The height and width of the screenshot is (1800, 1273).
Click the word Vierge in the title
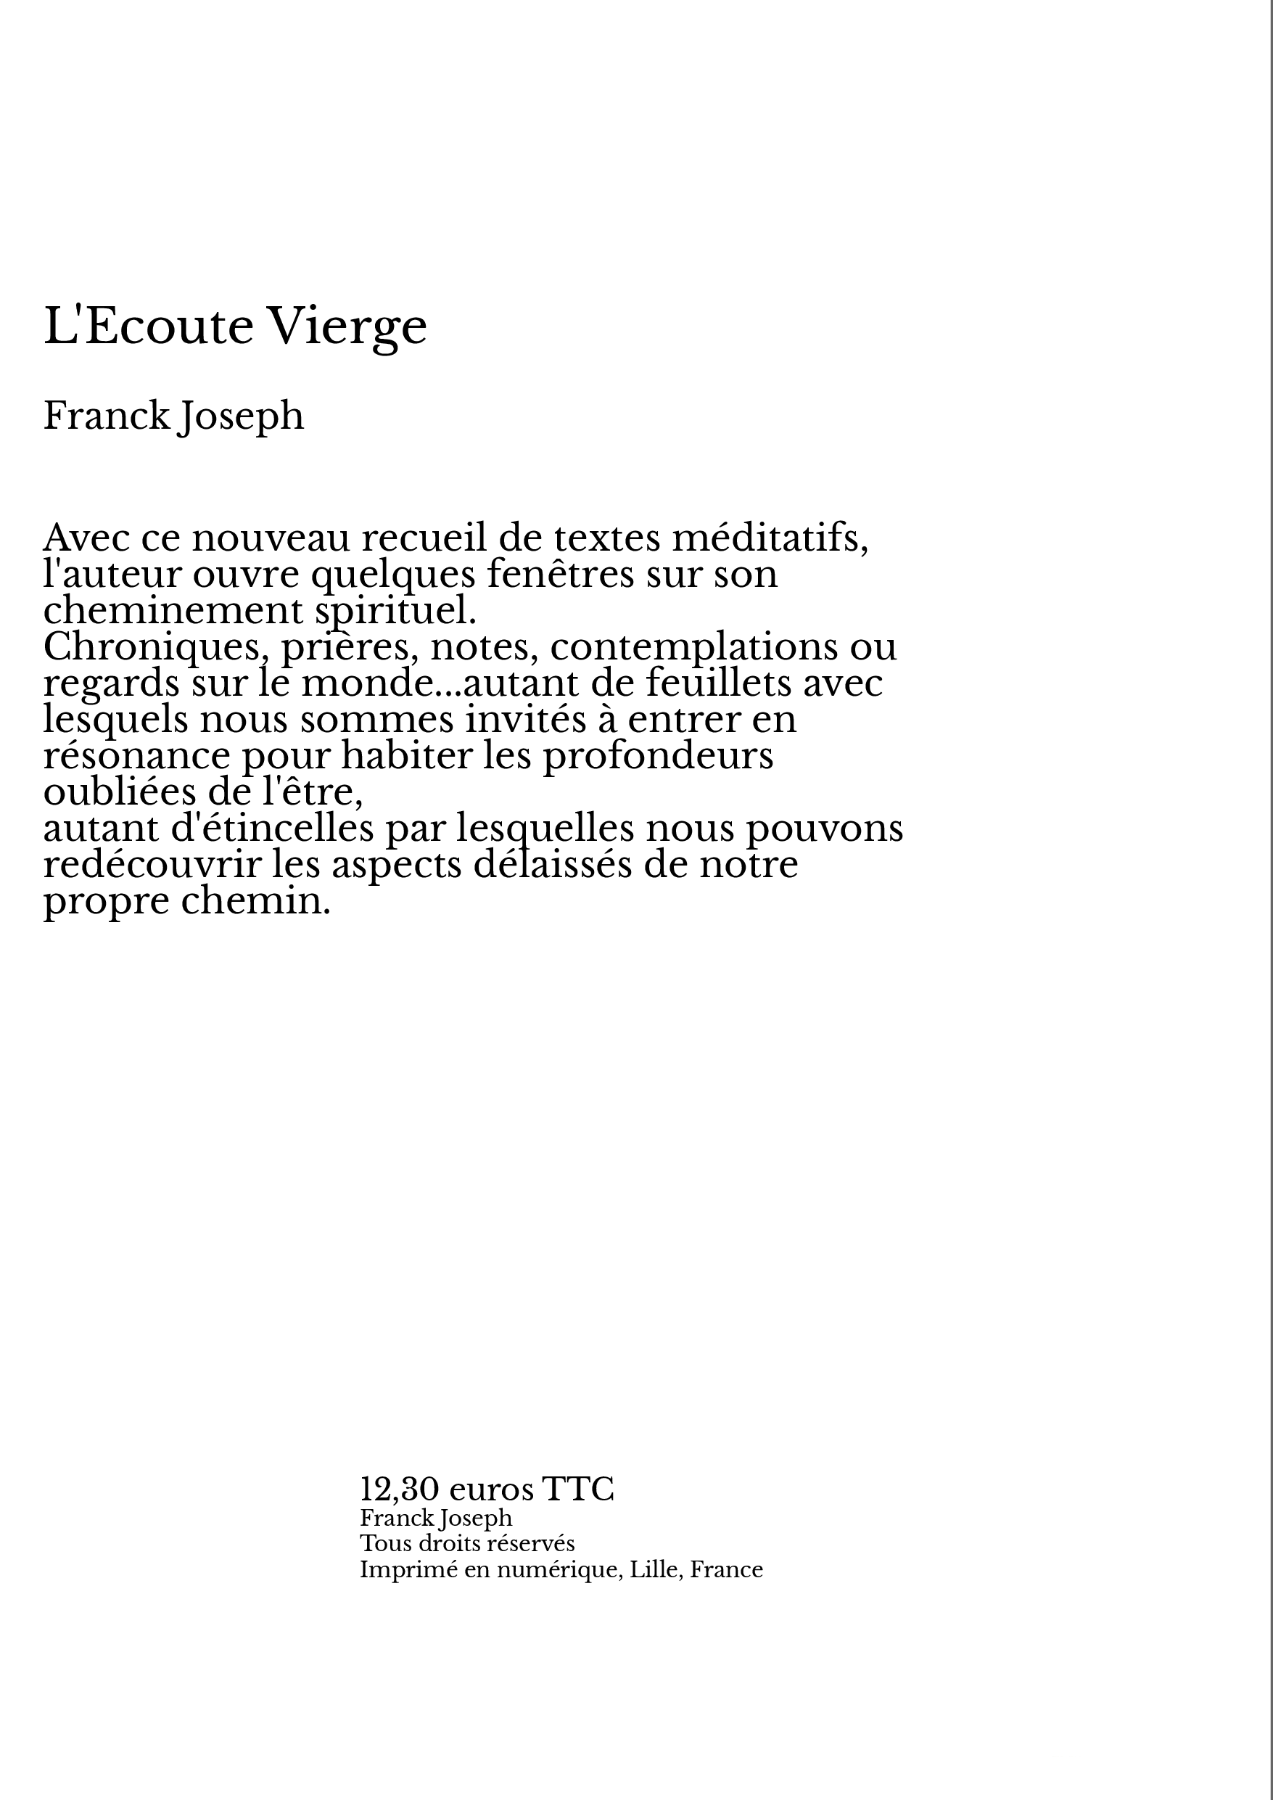click(347, 327)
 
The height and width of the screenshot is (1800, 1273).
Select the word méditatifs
click(770, 538)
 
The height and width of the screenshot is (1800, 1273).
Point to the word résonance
click(136, 756)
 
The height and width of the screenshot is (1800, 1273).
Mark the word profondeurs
click(658, 756)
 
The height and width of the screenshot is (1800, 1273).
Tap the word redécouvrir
click(152, 865)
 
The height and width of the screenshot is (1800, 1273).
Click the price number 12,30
click(398, 1489)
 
